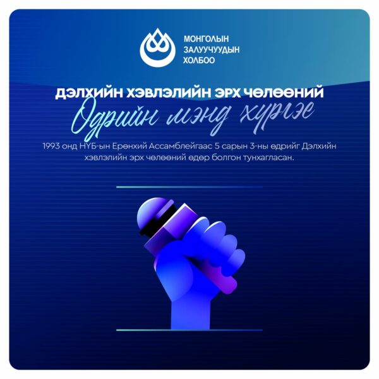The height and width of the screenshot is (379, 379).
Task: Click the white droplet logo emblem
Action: [x=157, y=48]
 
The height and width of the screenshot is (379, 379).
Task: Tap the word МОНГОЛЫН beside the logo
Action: [x=206, y=39]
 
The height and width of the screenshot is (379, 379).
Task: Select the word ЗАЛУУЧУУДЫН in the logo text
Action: [x=212, y=49]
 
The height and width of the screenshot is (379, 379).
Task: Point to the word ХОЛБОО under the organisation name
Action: [x=199, y=60]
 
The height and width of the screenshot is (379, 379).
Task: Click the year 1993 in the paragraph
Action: [x=51, y=147]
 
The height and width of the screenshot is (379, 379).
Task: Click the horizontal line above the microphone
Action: [x=189, y=187]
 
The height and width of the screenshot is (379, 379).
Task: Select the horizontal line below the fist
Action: [x=189, y=330]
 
